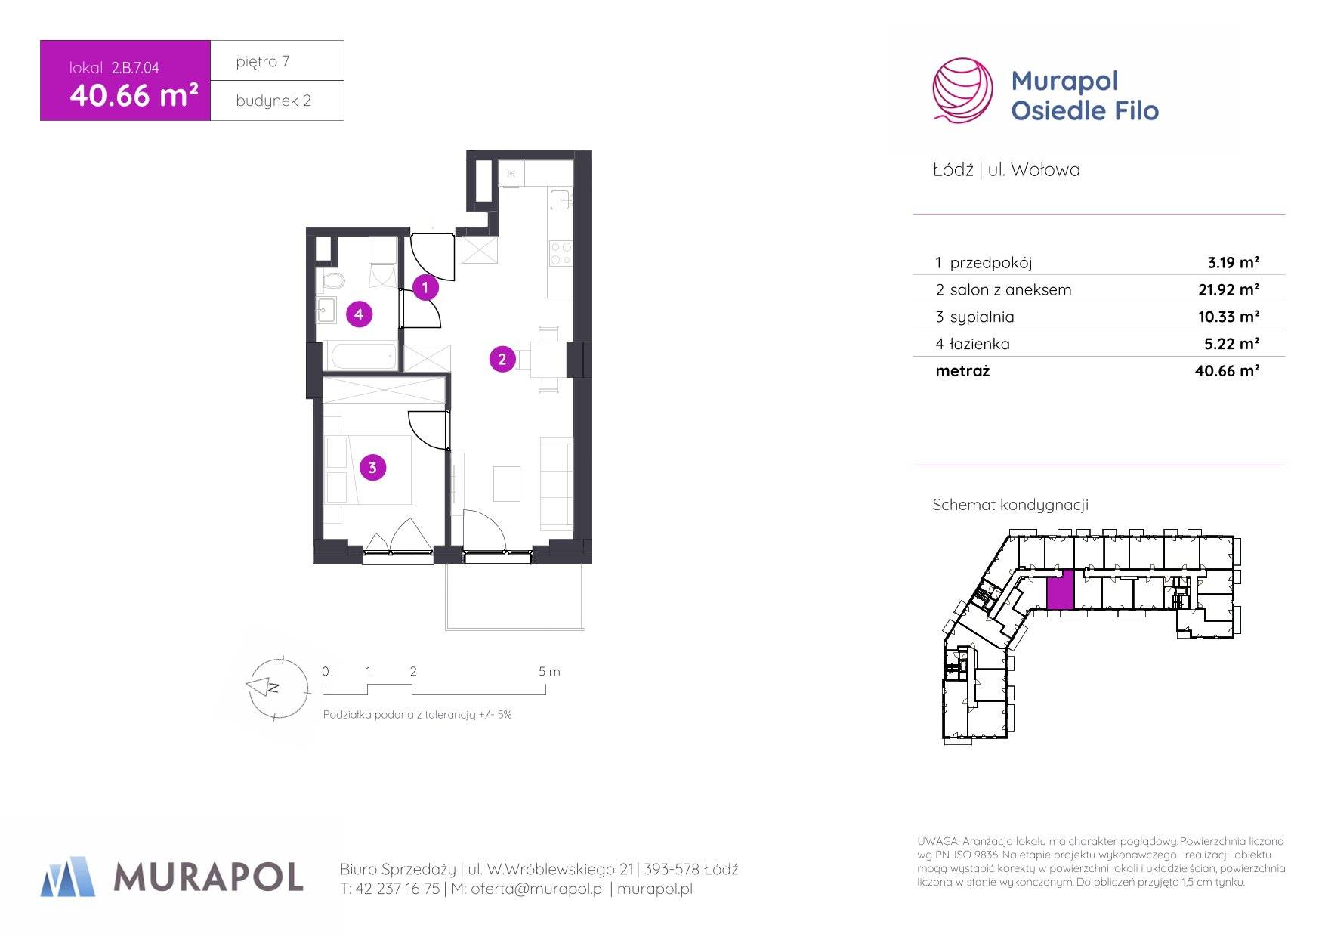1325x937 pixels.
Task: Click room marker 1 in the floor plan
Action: (425, 287)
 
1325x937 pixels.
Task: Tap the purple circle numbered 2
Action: (502, 359)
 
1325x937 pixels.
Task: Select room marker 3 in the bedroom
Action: (372, 468)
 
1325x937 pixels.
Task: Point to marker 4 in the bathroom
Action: (360, 314)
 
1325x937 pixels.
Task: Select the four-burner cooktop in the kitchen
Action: (561, 253)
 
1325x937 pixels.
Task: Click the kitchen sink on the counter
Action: (561, 200)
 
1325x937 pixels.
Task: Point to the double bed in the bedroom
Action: (368, 469)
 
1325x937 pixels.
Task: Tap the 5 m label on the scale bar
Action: (550, 671)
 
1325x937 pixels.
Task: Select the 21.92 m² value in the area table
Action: (1228, 289)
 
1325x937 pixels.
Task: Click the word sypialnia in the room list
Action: (982, 317)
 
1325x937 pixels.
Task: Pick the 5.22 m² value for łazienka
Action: (1231, 344)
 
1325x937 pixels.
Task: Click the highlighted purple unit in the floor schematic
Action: (1060, 590)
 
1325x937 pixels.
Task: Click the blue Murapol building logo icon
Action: (68, 877)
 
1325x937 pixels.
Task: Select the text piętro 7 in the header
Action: (262, 62)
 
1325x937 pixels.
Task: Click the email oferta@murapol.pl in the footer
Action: (538, 889)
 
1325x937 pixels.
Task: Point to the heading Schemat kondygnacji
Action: (1011, 505)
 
